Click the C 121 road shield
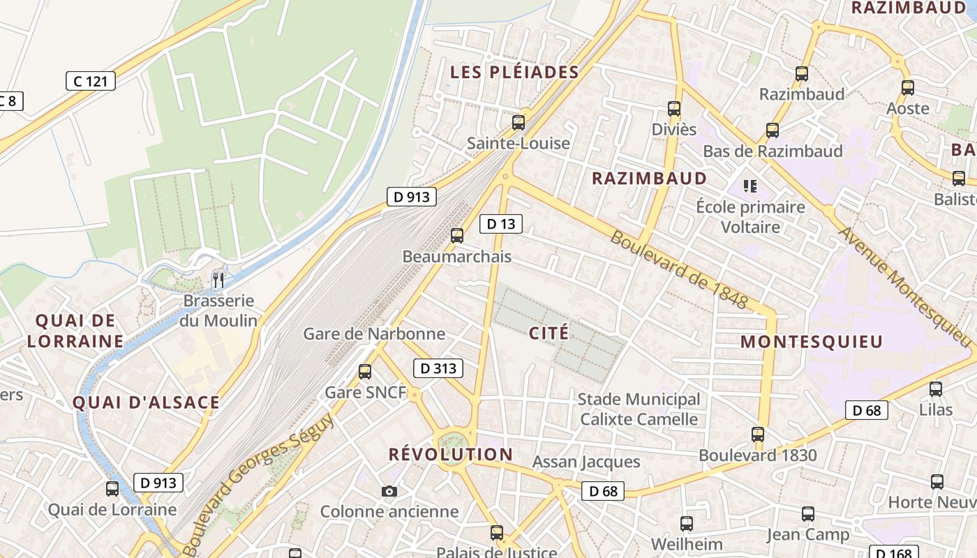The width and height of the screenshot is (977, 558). (91, 81)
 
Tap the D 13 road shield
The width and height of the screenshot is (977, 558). (501, 224)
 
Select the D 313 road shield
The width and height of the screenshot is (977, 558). (438, 368)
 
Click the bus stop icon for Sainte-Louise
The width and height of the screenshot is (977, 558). (519, 123)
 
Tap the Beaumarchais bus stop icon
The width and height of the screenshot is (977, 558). (457, 236)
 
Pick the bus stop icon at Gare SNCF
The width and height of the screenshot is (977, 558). (365, 372)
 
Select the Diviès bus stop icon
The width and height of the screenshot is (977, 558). (674, 109)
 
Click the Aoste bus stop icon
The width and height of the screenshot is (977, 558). (908, 88)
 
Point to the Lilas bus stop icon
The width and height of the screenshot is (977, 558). (936, 389)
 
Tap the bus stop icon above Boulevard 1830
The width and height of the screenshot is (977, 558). (758, 435)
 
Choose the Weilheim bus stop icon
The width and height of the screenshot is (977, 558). (687, 523)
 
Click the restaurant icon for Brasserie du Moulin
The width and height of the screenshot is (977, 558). (218, 280)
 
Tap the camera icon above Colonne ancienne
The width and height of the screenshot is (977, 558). (389, 492)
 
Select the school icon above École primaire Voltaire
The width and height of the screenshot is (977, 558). (750, 186)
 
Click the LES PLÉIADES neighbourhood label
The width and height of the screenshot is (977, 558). (514, 72)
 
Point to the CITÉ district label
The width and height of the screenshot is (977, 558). (549, 333)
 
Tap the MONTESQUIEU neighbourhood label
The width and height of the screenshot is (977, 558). (812, 342)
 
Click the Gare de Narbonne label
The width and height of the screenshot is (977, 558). (374, 333)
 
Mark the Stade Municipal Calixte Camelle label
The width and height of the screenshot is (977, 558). (639, 409)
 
